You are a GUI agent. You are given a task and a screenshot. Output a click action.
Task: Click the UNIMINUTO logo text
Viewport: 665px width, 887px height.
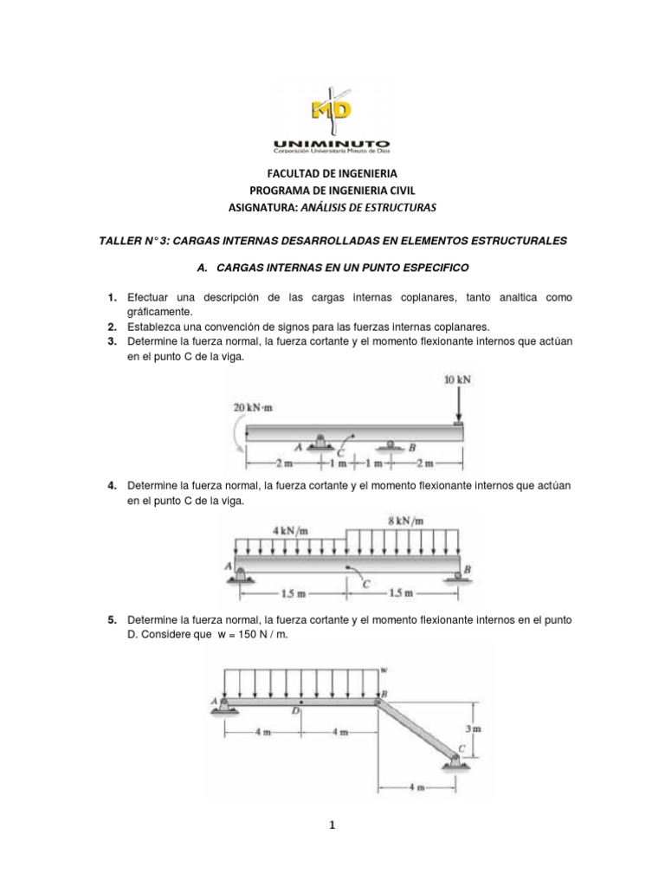coord(332,143)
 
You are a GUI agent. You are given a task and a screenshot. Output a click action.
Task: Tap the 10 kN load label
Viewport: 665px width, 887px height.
coord(455,380)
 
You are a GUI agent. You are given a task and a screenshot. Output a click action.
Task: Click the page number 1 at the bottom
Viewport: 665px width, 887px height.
coord(332,825)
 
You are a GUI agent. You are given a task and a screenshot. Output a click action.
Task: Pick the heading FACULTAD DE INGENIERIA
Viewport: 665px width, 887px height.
coord(332,174)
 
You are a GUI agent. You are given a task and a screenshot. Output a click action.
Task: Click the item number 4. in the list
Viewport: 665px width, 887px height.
coord(113,486)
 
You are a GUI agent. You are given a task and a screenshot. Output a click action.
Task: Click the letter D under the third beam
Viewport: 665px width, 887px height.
coord(296,710)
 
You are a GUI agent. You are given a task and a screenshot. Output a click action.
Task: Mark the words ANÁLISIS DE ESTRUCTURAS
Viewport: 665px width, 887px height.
coord(379,208)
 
